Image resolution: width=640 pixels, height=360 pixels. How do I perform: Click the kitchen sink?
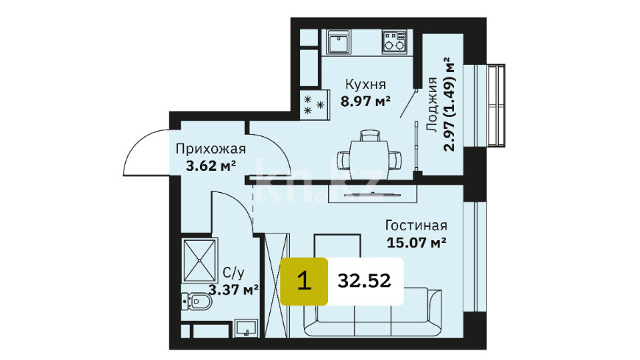point(338,42)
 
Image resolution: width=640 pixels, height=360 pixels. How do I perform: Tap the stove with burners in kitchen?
point(394,42)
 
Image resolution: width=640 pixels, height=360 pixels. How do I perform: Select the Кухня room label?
point(366,85)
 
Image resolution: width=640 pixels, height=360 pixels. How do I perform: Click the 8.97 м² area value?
point(366,101)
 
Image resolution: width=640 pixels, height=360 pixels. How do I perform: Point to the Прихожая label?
point(210,149)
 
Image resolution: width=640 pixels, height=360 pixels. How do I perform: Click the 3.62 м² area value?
point(211,166)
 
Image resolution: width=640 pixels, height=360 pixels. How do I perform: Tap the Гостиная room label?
point(416,225)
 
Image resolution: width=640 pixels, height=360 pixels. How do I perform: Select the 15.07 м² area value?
point(416,243)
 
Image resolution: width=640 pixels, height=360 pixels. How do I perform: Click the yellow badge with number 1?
point(304,281)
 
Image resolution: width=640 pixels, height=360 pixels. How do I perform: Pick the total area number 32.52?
point(364,281)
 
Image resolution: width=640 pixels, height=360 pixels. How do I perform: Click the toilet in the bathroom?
point(196,302)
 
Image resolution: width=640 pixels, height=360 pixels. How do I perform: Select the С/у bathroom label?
point(234,273)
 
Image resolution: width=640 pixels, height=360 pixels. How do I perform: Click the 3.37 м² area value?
point(233,290)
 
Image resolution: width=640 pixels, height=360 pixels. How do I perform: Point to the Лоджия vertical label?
point(432,105)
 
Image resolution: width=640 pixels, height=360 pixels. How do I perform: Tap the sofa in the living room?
point(372,312)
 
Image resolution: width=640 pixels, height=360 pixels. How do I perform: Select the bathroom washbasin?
point(246,328)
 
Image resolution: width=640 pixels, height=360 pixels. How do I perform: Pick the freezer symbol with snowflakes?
point(314,105)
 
